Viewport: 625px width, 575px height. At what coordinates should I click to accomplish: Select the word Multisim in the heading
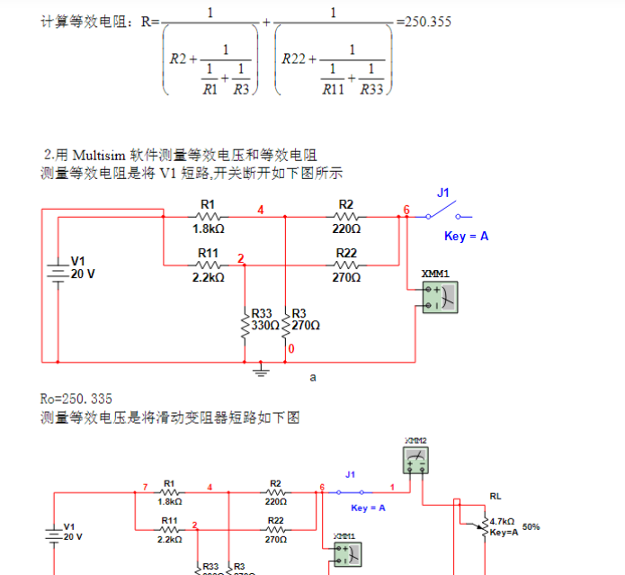[x=100, y=155]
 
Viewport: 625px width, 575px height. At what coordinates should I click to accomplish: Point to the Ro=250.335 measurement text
[x=76, y=399]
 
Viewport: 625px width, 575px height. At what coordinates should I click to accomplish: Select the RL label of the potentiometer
[x=496, y=496]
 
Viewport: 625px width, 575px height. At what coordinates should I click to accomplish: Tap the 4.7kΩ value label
[x=504, y=521]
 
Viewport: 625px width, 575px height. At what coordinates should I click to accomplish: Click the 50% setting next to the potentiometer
[x=531, y=526]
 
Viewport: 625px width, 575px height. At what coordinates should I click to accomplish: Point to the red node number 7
[x=145, y=487]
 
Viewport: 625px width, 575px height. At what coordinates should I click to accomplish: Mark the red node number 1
[x=391, y=487]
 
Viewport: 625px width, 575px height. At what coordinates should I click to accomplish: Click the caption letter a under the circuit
[x=313, y=378]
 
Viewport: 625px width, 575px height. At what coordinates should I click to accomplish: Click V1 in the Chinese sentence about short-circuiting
[x=168, y=173]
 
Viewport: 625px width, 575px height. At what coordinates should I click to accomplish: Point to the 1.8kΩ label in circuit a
[x=209, y=229]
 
